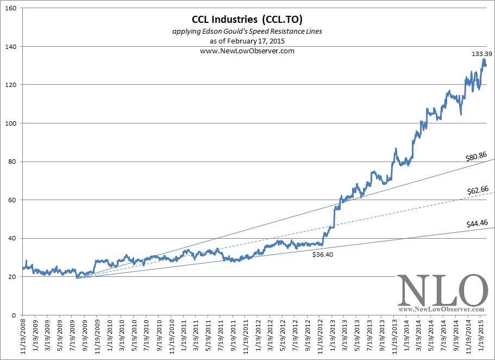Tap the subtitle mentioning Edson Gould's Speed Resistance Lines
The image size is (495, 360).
tap(247, 32)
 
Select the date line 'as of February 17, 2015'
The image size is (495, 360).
tap(247, 41)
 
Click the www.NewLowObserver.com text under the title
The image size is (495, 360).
tap(247, 51)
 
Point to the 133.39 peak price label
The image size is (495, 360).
tap(479, 54)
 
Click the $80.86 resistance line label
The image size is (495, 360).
tap(477, 157)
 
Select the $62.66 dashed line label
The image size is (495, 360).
tap(478, 190)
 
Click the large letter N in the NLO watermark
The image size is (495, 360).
tap(415, 290)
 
